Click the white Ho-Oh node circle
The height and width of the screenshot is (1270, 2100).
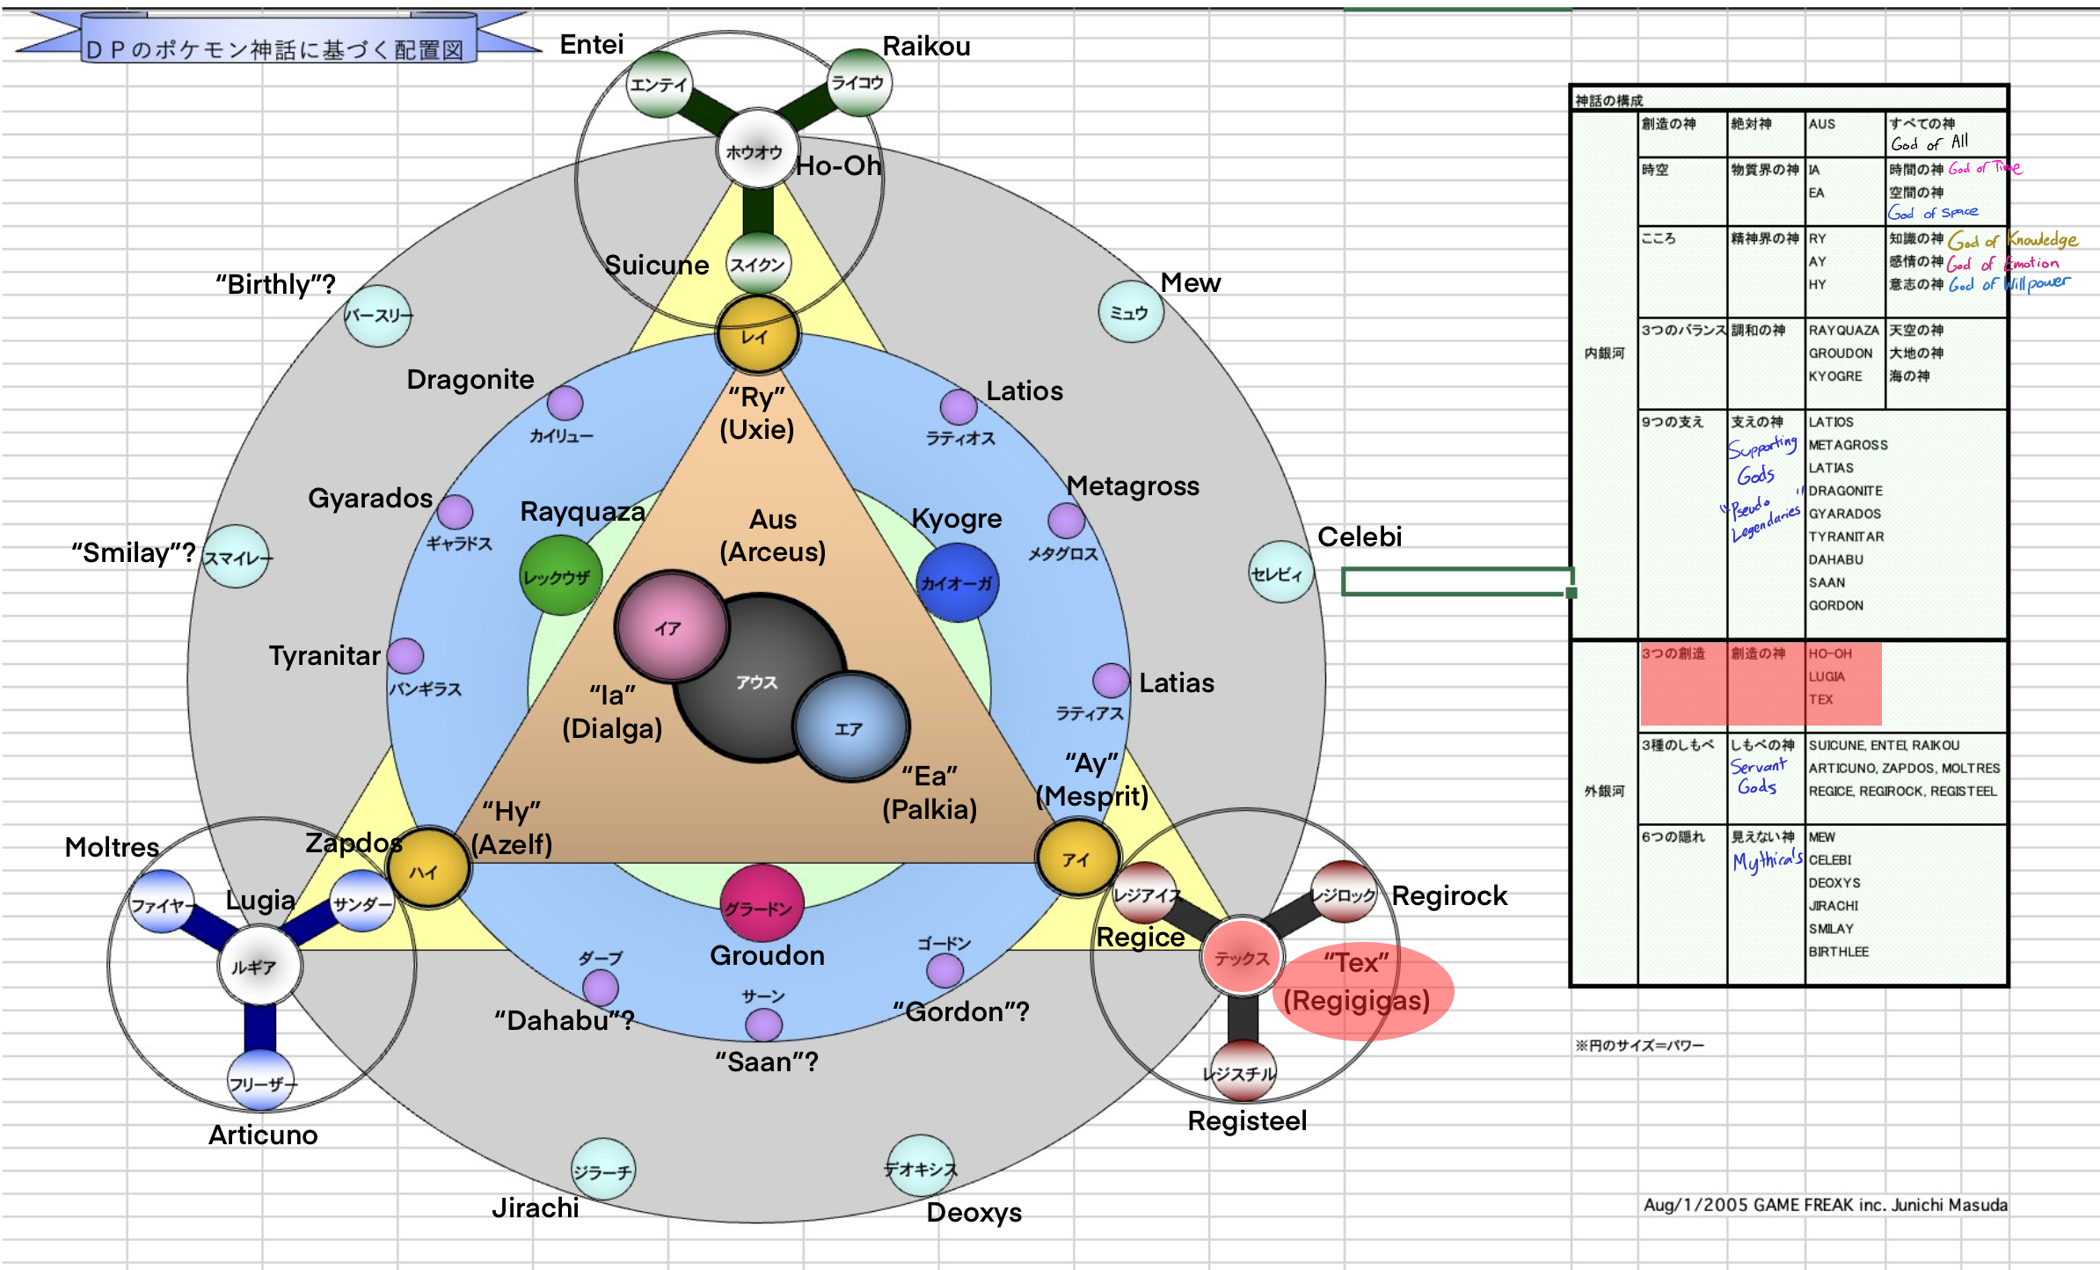tap(755, 150)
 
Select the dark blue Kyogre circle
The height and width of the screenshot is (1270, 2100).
tap(957, 582)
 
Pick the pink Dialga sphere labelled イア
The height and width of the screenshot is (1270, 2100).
tap(672, 626)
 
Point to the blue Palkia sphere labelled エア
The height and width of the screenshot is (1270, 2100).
tap(850, 727)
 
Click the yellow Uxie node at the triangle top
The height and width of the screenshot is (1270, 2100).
tap(757, 335)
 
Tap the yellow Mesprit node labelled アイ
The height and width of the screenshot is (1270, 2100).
tap(1077, 858)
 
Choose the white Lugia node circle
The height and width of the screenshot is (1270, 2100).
tap(259, 966)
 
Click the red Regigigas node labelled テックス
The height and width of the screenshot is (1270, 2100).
tap(1241, 958)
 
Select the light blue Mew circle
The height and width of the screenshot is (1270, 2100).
tap(1130, 312)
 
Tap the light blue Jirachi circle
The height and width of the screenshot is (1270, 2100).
tap(602, 1171)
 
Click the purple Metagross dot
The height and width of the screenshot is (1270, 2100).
tap(1066, 521)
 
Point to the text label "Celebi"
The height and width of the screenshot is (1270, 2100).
tap(1359, 536)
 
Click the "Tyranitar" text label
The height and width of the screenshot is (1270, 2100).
tap(324, 655)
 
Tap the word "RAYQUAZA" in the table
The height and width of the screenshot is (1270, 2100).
tap(1843, 331)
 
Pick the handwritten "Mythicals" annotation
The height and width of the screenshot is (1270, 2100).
tap(1767, 861)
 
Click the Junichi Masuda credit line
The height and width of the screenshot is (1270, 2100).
tap(1825, 1205)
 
